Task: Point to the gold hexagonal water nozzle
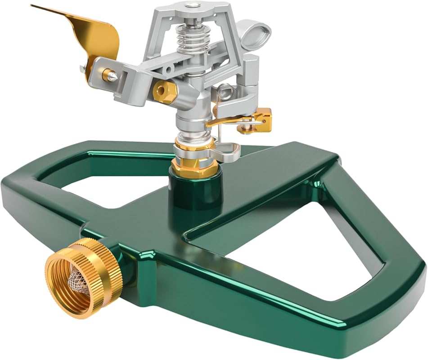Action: click(164, 92)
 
